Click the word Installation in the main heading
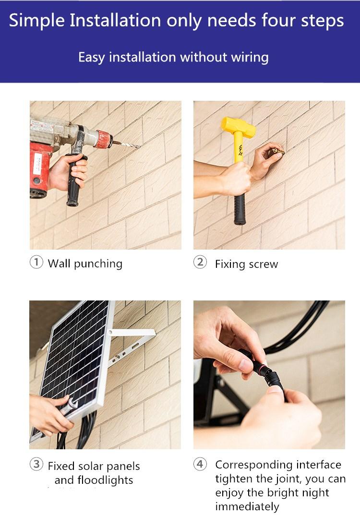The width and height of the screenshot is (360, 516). (115, 20)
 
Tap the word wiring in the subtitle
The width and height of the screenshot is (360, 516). (250, 58)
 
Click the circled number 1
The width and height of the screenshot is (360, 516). (36, 263)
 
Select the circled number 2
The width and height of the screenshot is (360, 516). (200, 263)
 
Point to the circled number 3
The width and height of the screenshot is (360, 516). (36, 464)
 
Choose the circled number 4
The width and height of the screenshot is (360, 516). (200, 464)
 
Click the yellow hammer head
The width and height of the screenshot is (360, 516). (238, 127)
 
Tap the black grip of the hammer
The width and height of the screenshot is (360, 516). (240, 209)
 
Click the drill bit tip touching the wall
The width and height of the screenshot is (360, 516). (139, 146)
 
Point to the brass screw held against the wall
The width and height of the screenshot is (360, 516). (278, 151)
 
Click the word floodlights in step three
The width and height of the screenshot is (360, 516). (105, 480)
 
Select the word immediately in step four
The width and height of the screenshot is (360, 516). (247, 507)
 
